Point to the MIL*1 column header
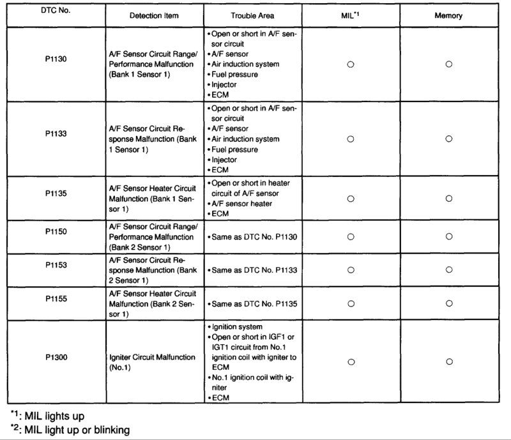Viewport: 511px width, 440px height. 350,13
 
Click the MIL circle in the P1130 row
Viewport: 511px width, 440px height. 350,64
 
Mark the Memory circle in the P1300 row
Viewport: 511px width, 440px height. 449,361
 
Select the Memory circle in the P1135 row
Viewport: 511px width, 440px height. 449,199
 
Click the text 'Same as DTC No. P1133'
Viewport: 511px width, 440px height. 252,270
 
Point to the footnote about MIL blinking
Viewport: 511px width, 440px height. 70,430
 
